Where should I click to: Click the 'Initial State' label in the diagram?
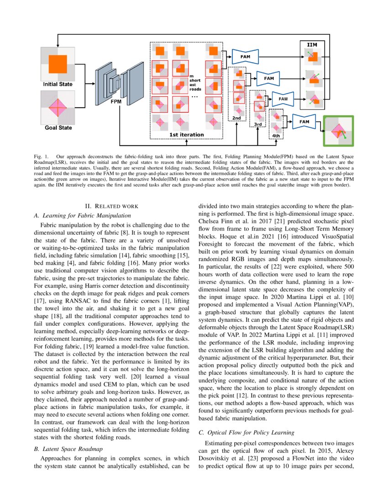tap(58, 84)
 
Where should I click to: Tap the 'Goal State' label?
tap(58, 128)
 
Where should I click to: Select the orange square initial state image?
tap(58, 63)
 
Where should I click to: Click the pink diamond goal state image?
tap(58, 107)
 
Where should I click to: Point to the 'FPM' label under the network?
tap(116, 102)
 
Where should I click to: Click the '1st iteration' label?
tap(186, 135)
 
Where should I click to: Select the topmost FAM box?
tap(245, 57)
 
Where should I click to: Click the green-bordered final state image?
tap(338, 131)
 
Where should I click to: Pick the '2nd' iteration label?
tap(236, 118)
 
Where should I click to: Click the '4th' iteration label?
tap(276, 136)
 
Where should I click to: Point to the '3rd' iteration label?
tap(258, 124)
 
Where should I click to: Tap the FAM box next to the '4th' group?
tap(304, 122)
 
